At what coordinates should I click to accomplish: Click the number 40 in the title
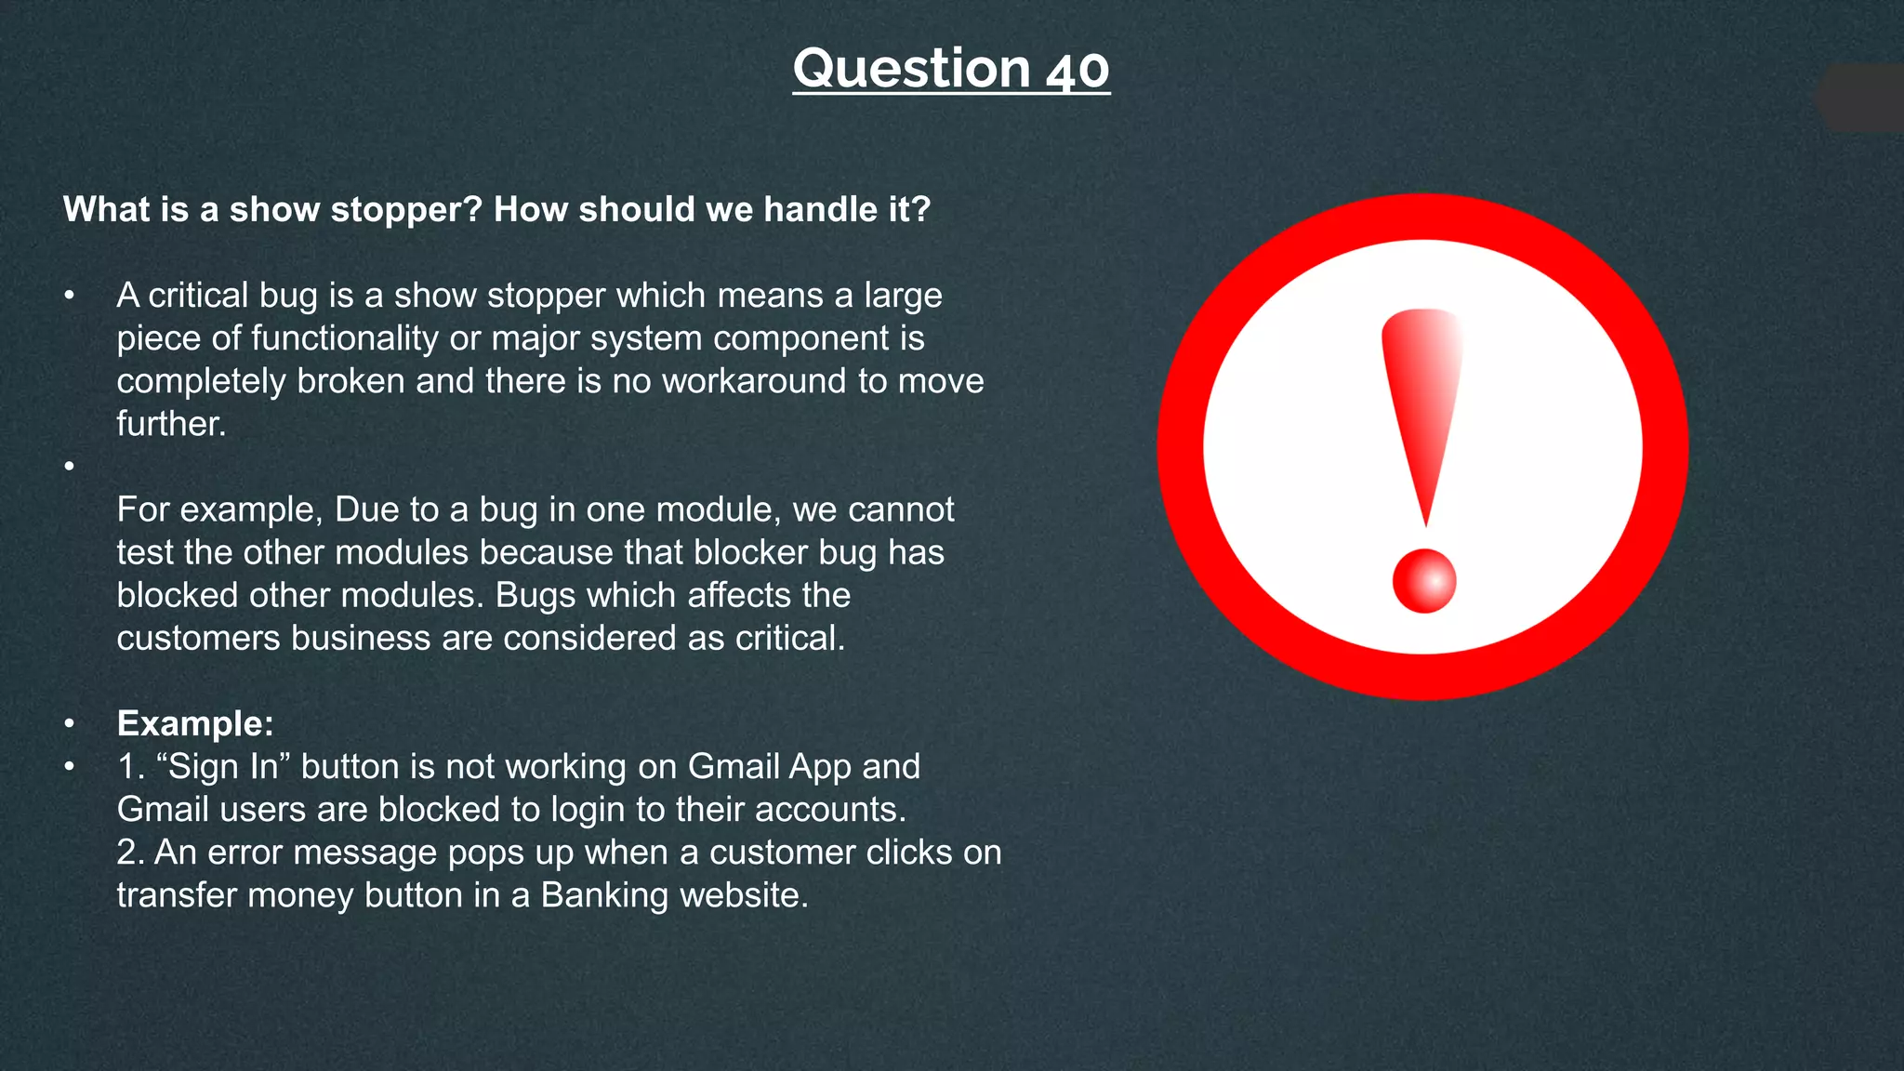[x=1078, y=70]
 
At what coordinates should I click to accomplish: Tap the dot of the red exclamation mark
[x=1423, y=581]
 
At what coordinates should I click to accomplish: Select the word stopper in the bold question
[x=405, y=210]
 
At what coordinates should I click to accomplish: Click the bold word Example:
[x=195, y=723]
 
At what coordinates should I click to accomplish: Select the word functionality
[x=344, y=338]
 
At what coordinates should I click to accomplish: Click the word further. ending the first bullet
[x=171, y=424]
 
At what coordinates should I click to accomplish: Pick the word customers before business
[x=198, y=639]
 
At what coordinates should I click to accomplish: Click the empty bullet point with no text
[x=69, y=466]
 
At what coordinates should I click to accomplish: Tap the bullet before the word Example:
[x=69, y=723]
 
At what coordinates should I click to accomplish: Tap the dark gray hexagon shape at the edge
[x=1864, y=99]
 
